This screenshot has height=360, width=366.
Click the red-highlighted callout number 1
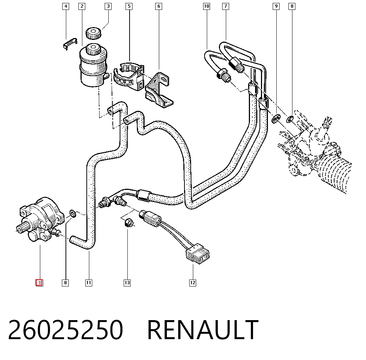click(39, 282)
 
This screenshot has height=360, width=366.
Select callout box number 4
click(66, 6)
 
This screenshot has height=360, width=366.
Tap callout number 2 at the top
click(82, 6)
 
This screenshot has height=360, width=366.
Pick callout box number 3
click(108, 6)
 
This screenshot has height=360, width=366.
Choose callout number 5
click(129, 6)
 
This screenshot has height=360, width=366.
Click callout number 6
click(159, 6)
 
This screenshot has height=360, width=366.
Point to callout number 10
click(206, 6)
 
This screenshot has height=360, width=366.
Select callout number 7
click(226, 6)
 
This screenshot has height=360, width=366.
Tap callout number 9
click(276, 6)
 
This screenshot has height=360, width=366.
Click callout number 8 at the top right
click(292, 6)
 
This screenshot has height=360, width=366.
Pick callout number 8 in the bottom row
click(66, 283)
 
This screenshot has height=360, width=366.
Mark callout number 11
click(89, 283)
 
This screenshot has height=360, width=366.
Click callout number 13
click(127, 283)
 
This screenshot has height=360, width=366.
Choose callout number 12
click(193, 283)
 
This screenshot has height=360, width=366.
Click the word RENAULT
click(203, 330)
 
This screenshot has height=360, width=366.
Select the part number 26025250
click(66, 330)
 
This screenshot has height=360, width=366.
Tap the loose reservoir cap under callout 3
click(93, 34)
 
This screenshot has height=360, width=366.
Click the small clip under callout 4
click(70, 44)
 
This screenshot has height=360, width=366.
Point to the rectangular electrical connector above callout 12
click(198, 254)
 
